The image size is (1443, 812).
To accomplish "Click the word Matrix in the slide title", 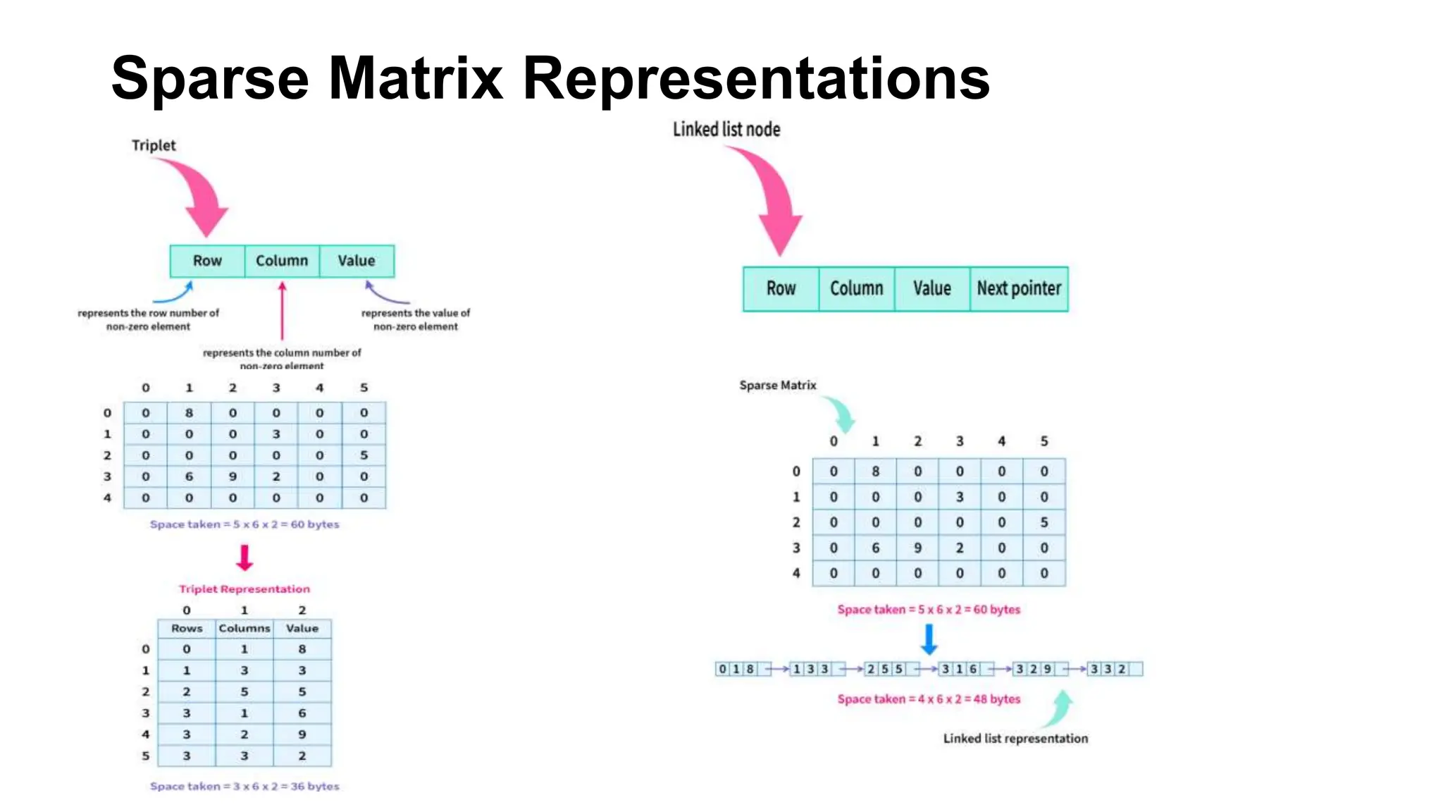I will pyautogui.click(x=415, y=78).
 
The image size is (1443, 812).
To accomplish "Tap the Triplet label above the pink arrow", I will pyautogui.click(x=154, y=145).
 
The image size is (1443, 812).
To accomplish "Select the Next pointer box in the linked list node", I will pyautogui.click(x=1018, y=288).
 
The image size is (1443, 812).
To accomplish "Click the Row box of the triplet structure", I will pyautogui.click(x=207, y=261).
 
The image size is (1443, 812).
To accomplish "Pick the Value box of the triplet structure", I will pyautogui.click(x=356, y=261).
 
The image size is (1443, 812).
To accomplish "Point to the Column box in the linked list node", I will pyautogui.click(x=856, y=288).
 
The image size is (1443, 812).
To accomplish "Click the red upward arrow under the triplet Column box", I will pyautogui.click(x=282, y=310).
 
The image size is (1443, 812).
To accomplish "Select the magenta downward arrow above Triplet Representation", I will pyautogui.click(x=244, y=558).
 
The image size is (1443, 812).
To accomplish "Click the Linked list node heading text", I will pyautogui.click(x=726, y=130).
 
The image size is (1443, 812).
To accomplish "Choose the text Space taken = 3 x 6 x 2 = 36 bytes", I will pyautogui.click(x=244, y=786).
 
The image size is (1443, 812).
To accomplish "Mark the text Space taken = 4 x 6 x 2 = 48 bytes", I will pyautogui.click(x=929, y=699).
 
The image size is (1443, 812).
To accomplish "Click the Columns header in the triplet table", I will pyautogui.click(x=244, y=628).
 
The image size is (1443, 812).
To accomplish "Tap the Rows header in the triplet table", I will pyautogui.click(x=187, y=628).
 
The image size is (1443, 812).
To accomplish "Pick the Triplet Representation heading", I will pyautogui.click(x=244, y=589).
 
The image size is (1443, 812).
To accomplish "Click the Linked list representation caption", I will pyautogui.click(x=1015, y=739).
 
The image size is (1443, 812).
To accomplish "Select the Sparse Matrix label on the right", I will pyautogui.click(x=778, y=386).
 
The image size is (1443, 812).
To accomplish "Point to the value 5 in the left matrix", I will pyautogui.click(x=364, y=455).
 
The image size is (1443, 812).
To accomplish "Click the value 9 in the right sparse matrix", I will pyautogui.click(x=917, y=548).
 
